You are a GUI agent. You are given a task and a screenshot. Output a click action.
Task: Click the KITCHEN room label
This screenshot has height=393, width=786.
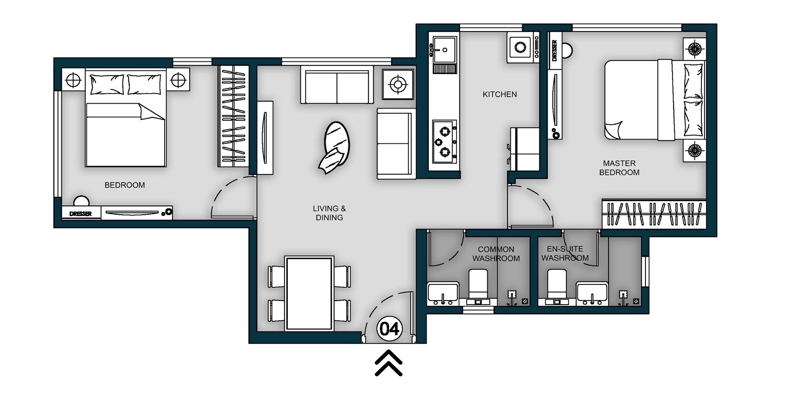point(500,94)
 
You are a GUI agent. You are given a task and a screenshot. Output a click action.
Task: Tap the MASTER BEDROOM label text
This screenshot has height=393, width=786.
point(619,168)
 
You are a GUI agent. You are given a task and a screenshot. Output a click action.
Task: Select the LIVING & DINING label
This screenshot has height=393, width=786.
point(329,213)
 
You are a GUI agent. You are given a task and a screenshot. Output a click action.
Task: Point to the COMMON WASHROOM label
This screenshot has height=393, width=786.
point(496,254)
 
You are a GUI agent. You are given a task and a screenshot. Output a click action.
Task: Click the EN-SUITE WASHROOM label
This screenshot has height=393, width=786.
point(565,253)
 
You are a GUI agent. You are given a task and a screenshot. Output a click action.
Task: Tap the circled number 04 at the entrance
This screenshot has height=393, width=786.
point(390,329)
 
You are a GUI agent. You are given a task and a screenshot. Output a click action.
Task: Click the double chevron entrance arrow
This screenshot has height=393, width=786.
point(389,364)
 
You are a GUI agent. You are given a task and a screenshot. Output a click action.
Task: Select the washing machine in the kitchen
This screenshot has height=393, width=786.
point(520,48)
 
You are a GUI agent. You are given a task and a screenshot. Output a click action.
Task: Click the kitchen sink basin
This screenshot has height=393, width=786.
point(444,50)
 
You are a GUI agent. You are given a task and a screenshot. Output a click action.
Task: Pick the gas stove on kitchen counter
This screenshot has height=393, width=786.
point(445,141)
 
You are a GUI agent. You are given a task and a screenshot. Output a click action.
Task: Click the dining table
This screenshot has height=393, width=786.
point(310,293)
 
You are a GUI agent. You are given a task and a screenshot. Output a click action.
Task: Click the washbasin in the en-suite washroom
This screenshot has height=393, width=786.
point(592,293)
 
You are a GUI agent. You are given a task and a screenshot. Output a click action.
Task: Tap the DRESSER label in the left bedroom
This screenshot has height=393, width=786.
point(81,214)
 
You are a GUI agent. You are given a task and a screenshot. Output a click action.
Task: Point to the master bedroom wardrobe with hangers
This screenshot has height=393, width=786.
point(653,214)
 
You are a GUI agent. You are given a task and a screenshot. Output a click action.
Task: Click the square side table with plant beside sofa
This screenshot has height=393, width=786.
point(397,84)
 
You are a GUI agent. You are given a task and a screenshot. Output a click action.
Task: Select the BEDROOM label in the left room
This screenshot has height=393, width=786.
point(125,185)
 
